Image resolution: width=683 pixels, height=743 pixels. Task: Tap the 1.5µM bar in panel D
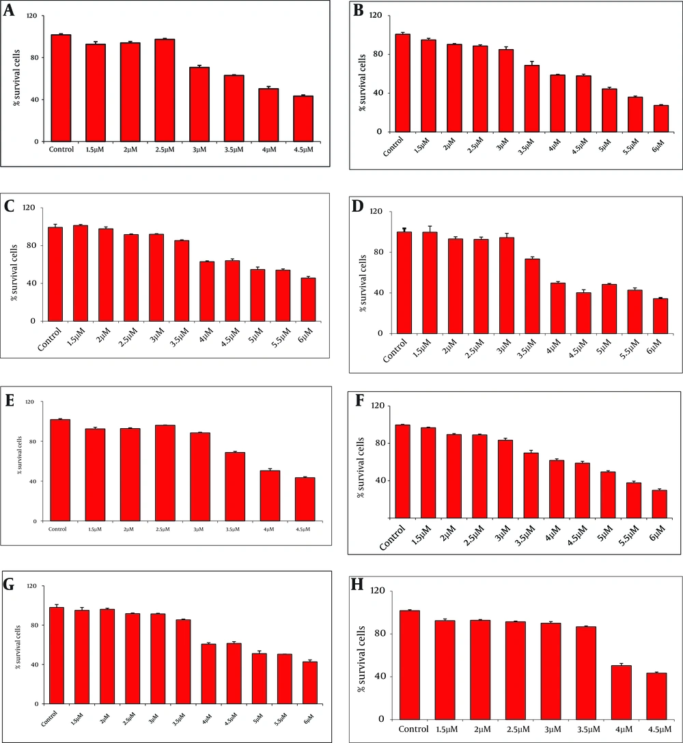point(430,283)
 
